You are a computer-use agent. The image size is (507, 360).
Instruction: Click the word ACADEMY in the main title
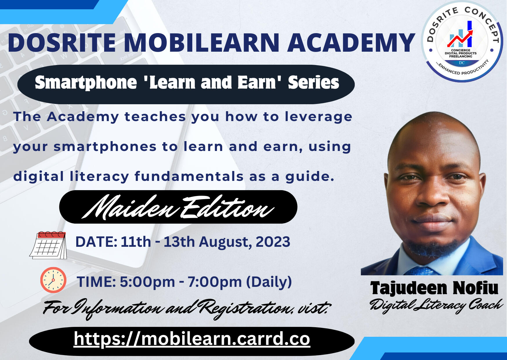[x=351, y=43]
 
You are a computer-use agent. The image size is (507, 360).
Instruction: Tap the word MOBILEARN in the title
[x=202, y=43]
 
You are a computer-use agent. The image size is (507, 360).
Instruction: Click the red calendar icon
[x=48, y=245]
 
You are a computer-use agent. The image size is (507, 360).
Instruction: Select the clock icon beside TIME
[x=53, y=280]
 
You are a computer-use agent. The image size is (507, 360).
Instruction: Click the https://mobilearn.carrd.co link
[x=192, y=339]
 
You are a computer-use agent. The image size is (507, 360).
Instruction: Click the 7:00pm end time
[x=215, y=282]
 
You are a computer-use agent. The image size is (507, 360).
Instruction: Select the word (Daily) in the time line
[x=269, y=282]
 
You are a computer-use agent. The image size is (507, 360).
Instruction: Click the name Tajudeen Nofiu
[x=434, y=288]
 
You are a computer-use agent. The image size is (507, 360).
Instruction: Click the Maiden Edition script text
[x=178, y=207]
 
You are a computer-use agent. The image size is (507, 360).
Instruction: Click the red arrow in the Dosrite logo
[x=460, y=38]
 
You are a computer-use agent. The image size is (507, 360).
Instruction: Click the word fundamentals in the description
[x=189, y=176]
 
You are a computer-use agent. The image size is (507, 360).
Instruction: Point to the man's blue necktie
[x=421, y=271]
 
